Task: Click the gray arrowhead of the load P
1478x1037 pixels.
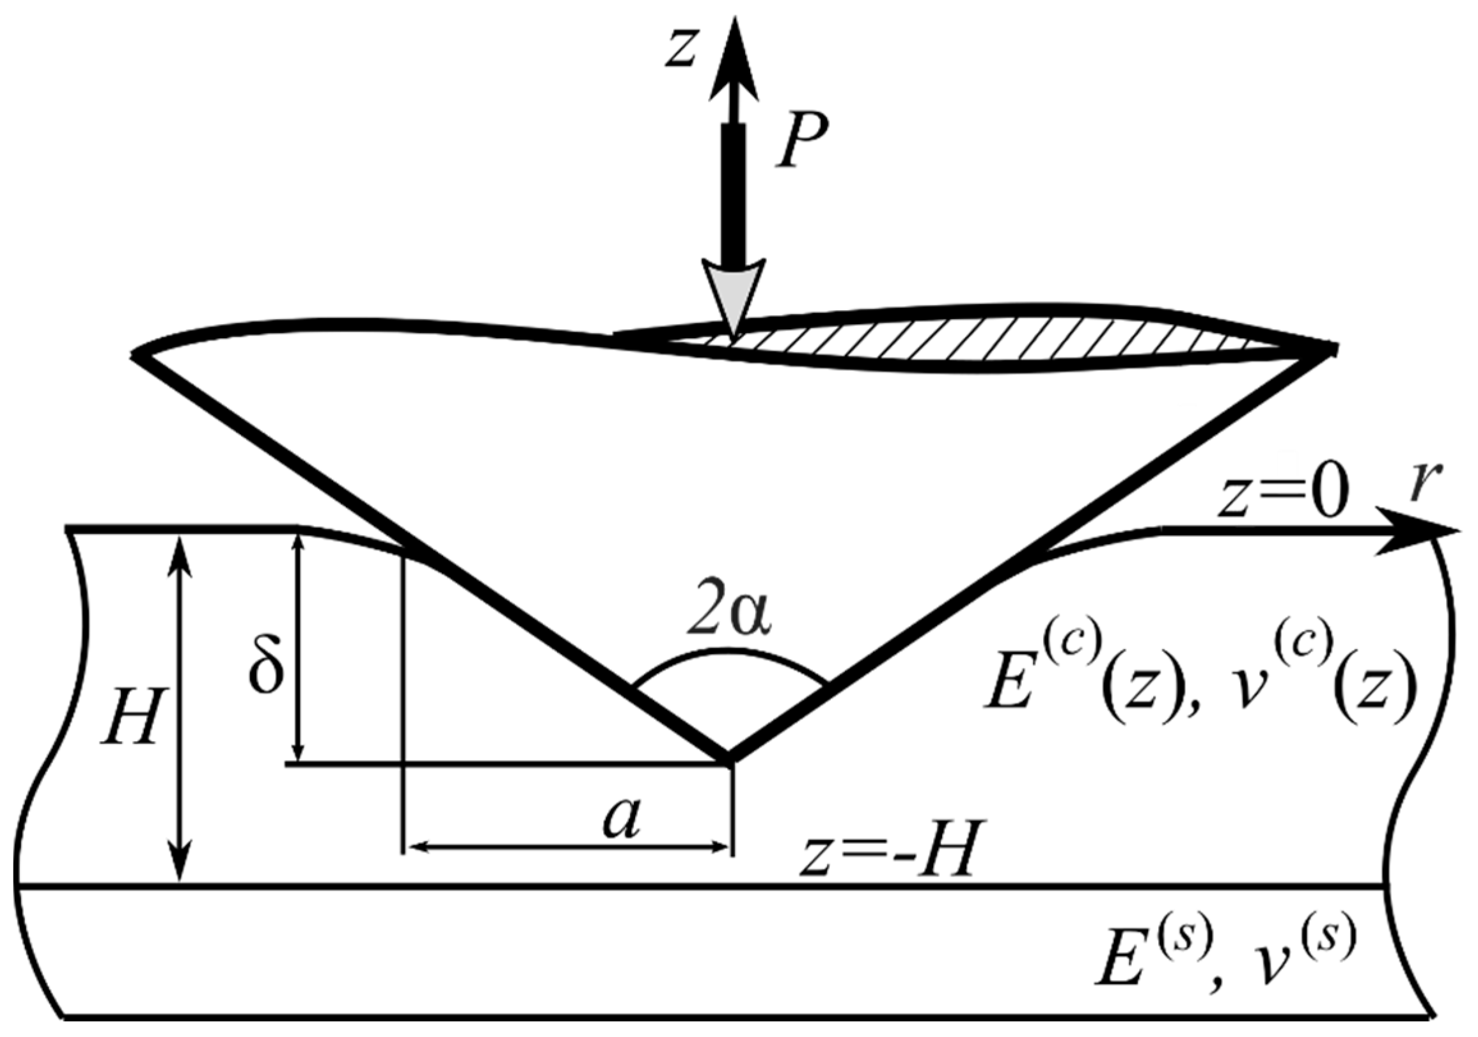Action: click(734, 293)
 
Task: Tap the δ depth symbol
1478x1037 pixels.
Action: click(266, 666)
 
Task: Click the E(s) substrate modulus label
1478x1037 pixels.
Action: click(1149, 965)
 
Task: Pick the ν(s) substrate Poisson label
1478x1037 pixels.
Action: click(1294, 965)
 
